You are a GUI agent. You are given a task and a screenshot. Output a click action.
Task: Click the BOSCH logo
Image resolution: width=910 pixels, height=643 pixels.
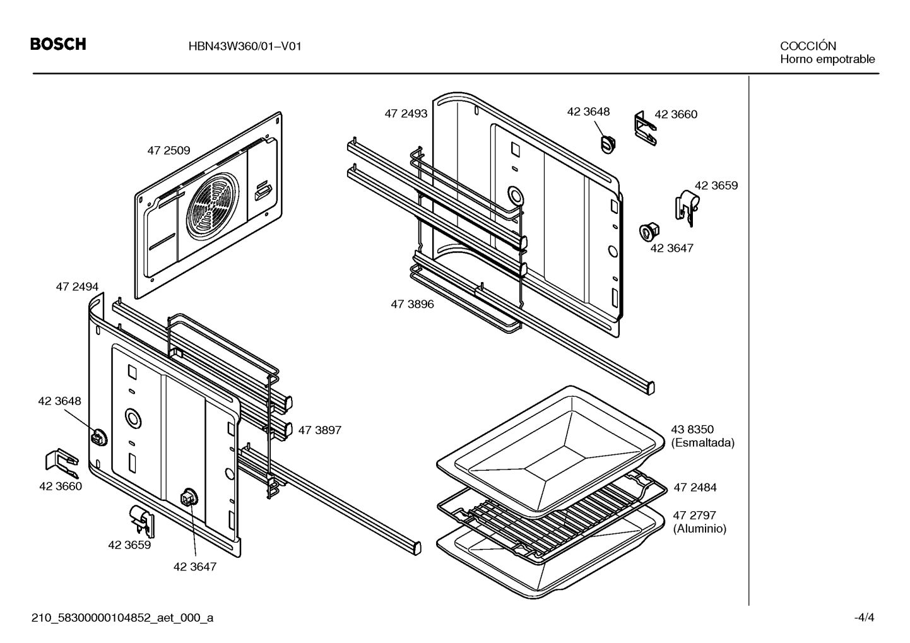[58, 44]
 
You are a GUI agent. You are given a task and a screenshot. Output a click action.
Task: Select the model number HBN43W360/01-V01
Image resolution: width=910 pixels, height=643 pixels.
[245, 46]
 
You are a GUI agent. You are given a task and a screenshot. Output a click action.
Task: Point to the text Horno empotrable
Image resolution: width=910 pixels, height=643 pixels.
[827, 59]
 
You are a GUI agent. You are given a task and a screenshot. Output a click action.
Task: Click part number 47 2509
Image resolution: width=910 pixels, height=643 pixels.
[168, 151]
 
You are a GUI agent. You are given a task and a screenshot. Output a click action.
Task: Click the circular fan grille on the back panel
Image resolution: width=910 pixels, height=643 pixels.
[213, 205]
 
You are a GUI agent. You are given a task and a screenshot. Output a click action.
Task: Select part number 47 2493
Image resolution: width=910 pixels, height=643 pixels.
[406, 114]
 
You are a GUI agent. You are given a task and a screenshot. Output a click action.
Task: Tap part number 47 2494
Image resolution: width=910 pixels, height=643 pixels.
[77, 286]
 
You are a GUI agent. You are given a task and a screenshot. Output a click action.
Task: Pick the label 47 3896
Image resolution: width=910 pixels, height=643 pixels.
[412, 304]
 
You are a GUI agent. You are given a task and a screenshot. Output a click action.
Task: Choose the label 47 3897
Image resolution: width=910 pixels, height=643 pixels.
[320, 430]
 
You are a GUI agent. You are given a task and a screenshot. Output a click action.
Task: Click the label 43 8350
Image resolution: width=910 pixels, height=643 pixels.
[692, 429]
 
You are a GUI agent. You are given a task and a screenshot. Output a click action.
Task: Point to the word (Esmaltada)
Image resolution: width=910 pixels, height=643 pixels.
[703, 443]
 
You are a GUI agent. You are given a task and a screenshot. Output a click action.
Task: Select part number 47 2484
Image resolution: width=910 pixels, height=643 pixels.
[695, 487]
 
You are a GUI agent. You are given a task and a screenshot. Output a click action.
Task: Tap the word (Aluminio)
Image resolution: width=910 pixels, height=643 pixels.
[700, 529]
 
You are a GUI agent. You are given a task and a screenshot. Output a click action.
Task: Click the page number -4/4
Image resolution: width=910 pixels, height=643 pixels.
[864, 618]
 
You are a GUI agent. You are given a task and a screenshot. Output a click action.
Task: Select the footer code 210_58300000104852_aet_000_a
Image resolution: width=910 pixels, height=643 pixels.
[122, 618]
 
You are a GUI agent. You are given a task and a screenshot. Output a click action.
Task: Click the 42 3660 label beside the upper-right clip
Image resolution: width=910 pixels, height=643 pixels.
[676, 115]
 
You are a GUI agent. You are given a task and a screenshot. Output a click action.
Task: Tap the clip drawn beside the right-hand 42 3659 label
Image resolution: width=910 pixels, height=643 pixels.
[687, 208]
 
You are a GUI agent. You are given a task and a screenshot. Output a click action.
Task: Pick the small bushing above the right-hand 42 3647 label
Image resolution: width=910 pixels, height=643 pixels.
[649, 232]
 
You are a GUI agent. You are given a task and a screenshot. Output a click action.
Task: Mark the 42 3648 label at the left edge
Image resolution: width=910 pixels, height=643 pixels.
[60, 401]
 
